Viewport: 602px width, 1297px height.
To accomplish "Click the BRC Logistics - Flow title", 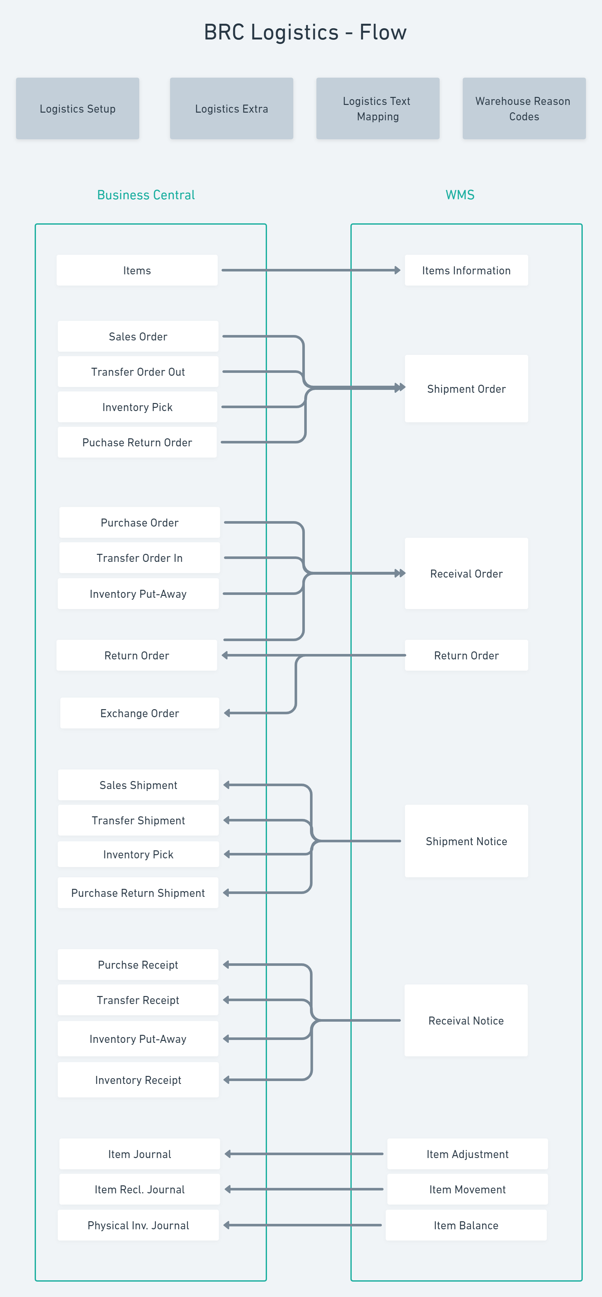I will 305,32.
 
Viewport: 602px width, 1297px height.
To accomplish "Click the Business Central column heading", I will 146,195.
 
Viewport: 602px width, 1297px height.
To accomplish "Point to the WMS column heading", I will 460,195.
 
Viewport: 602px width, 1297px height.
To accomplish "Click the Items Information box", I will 466,271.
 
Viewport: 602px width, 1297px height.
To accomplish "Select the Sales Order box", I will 138,336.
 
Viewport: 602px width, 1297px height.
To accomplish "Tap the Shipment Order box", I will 466,389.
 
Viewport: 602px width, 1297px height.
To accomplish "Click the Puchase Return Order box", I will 137,442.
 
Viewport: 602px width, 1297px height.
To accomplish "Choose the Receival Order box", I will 466,573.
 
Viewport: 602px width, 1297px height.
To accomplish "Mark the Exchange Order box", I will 139,713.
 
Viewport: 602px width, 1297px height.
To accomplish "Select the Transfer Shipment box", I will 138,820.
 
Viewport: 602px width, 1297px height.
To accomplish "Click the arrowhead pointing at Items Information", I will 398,271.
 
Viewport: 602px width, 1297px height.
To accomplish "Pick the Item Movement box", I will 467,1189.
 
